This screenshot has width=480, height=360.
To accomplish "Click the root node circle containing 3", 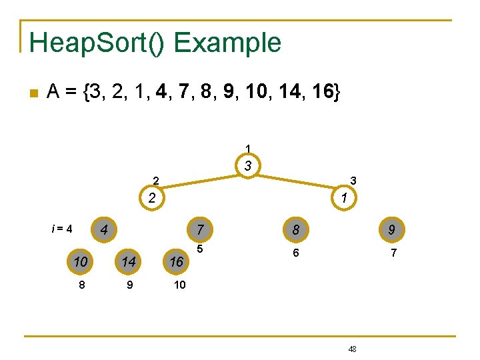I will [247, 166].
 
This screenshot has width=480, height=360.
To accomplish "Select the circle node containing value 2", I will [152, 198].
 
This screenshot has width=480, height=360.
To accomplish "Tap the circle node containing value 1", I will [343, 198].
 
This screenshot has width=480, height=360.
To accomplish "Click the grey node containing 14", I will [129, 262].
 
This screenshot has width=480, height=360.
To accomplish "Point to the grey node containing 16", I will [176, 262].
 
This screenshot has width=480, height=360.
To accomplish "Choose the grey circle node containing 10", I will [81, 262].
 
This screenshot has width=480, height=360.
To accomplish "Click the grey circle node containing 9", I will [392, 230].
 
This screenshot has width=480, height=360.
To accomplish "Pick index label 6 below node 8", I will [296, 253].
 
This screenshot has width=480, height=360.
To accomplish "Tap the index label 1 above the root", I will [247, 148].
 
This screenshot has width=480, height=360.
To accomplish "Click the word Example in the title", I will [227, 43].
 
